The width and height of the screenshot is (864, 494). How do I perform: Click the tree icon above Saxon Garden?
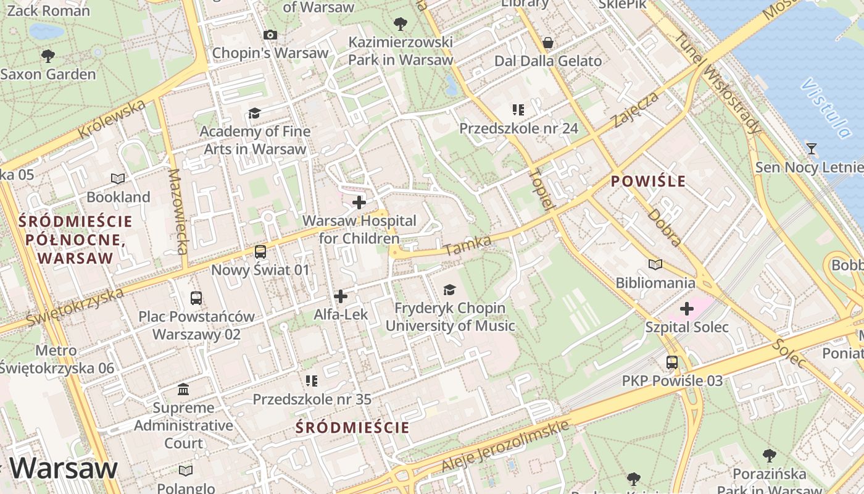click(48, 56)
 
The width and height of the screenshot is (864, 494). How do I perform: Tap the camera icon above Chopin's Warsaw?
click(270, 35)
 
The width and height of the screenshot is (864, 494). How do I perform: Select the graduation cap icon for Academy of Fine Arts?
click(254, 113)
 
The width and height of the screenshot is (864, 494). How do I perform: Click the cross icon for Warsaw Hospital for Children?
click(359, 203)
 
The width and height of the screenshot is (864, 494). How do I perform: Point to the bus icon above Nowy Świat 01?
click(260, 252)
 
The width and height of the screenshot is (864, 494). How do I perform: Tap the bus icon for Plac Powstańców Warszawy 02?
click(196, 298)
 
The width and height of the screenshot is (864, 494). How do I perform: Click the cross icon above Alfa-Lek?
click(340, 296)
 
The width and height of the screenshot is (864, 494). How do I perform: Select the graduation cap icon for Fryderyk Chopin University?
click(449, 290)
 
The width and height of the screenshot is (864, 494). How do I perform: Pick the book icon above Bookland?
click(118, 179)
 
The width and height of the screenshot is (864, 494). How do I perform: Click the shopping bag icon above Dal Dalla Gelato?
click(547, 43)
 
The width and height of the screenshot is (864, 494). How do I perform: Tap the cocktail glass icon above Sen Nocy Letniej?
click(811, 149)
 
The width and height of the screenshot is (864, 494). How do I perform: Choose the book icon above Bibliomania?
click(655, 265)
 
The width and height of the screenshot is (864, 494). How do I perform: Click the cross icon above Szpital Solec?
click(686, 309)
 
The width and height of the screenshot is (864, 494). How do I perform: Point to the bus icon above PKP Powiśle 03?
click(672, 362)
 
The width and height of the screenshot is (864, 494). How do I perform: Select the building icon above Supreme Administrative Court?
click(183, 390)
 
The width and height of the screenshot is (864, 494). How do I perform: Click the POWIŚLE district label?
click(648, 181)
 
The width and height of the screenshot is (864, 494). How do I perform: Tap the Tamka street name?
click(467, 245)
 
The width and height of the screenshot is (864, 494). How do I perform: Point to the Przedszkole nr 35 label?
click(312, 400)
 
